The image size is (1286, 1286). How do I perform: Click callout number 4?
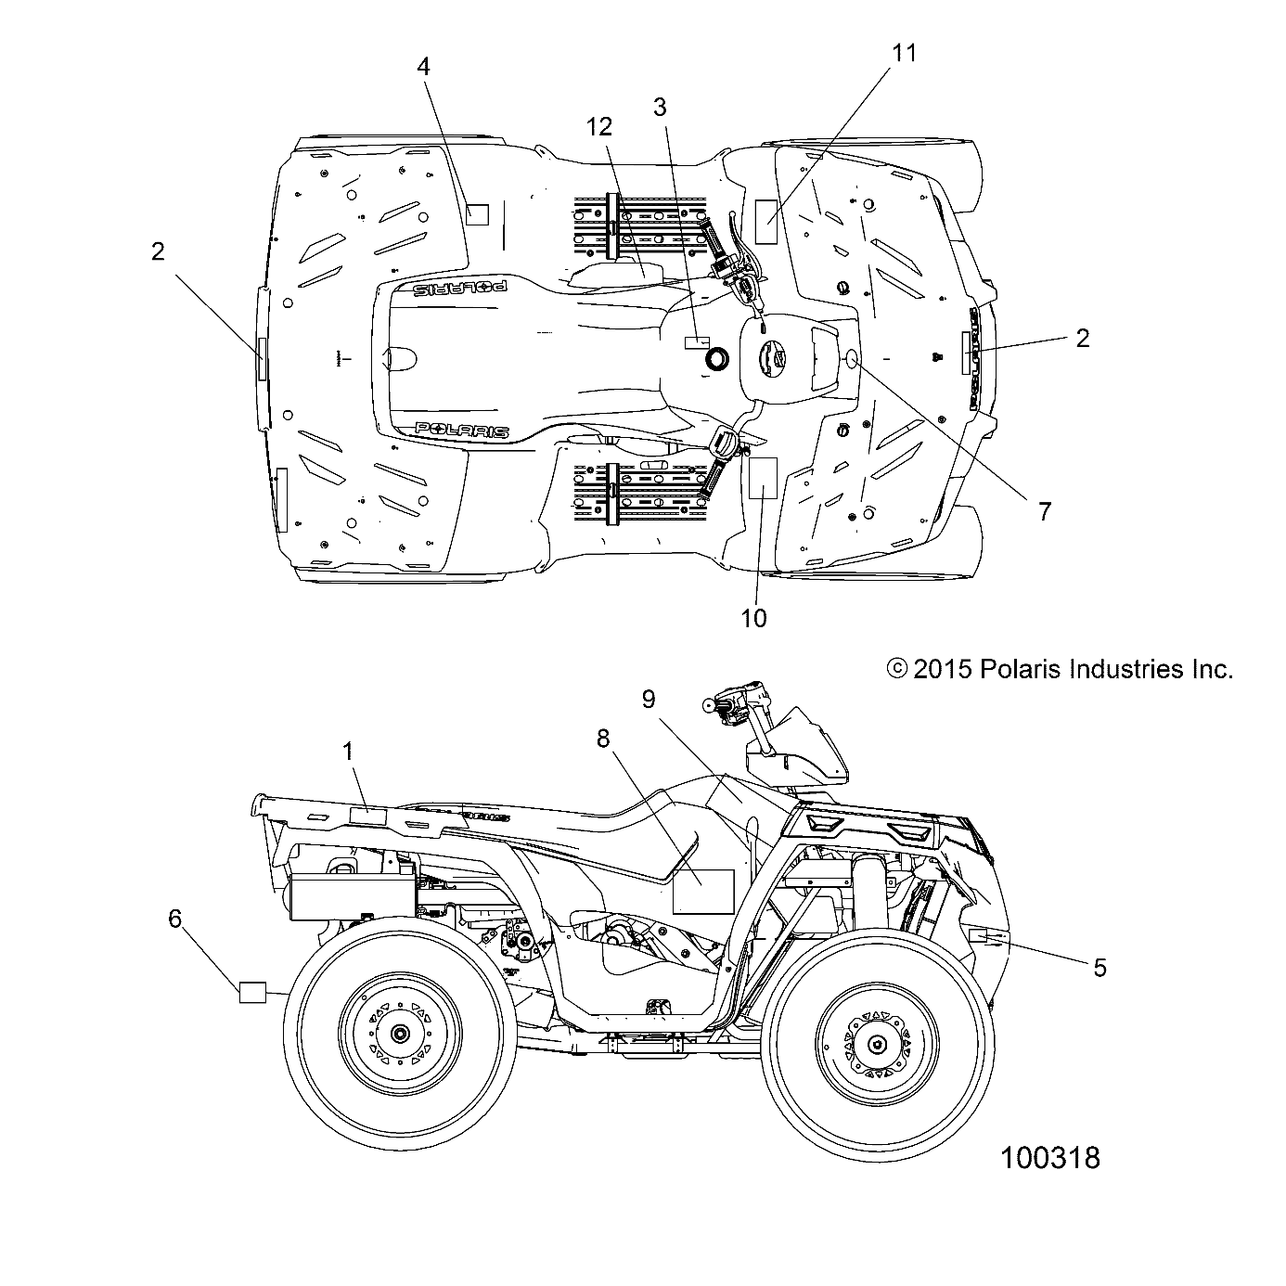[423, 67]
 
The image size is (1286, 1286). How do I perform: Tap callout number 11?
[903, 54]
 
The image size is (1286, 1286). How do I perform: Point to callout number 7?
[1044, 510]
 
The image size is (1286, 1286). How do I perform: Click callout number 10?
[754, 617]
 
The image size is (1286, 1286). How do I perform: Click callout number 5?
[1100, 968]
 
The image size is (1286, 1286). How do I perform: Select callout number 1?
[349, 752]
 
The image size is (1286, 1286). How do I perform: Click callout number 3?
[660, 107]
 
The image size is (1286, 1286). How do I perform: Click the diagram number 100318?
[1049, 1157]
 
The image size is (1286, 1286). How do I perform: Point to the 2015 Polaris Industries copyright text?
[1060, 669]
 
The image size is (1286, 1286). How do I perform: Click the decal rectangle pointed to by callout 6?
[252, 992]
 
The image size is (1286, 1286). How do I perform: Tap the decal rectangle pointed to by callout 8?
[702, 892]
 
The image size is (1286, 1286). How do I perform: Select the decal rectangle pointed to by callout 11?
[766, 220]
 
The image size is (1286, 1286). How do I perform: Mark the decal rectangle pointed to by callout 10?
[762, 479]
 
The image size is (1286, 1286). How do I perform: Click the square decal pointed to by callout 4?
[477, 215]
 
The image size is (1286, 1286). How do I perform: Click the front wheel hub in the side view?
[876, 1044]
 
